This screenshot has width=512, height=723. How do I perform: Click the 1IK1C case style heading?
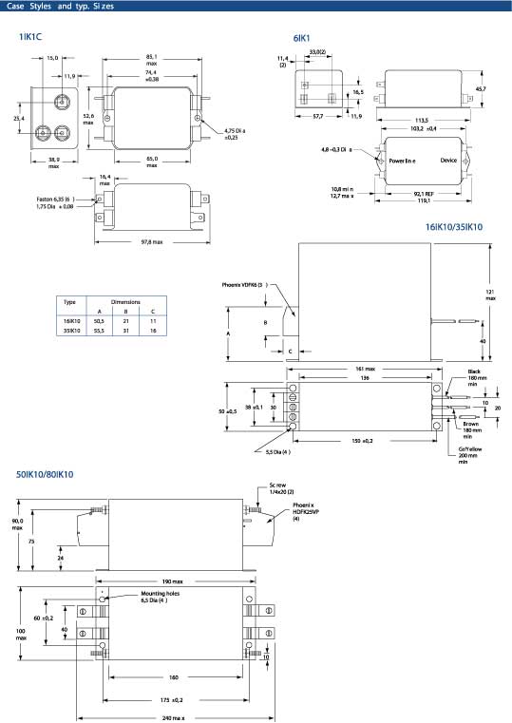pyautogui.click(x=30, y=37)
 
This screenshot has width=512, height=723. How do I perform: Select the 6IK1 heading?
pyautogui.click(x=301, y=38)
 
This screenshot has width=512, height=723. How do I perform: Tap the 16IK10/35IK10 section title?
pyautogui.click(x=454, y=227)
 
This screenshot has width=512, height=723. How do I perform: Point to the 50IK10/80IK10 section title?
pyautogui.click(x=45, y=474)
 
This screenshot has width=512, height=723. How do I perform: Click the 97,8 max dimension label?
pyautogui.click(x=152, y=242)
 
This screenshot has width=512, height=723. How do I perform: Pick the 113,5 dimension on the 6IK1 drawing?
pyautogui.click(x=421, y=121)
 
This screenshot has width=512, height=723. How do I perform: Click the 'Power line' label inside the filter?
pyautogui.click(x=403, y=161)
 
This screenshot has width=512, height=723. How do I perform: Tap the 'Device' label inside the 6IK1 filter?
pyautogui.click(x=448, y=161)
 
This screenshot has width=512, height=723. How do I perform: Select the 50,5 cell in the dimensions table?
pyautogui.click(x=99, y=321)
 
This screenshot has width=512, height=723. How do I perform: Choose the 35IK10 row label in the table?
pyautogui.click(x=71, y=331)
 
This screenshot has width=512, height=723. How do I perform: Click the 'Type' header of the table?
pyautogui.click(x=69, y=302)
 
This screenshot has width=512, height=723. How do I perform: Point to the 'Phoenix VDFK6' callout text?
pyautogui.click(x=245, y=285)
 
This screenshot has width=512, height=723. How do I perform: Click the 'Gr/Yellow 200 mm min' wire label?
pyautogui.click(x=470, y=455)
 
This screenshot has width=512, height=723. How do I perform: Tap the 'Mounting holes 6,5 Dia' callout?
pyautogui.click(x=160, y=597)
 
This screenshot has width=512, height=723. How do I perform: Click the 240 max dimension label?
pyautogui.click(x=173, y=718)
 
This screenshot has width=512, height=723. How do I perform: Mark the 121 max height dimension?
pyautogui.click(x=490, y=295)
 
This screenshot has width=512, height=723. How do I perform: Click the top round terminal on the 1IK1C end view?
pyautogui.click(x=61, y=101)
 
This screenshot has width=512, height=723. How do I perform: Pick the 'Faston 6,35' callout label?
pyautogui.click(x=55, y=200)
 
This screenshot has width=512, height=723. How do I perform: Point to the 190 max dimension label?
pyautogui.click(x=172, y=581)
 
